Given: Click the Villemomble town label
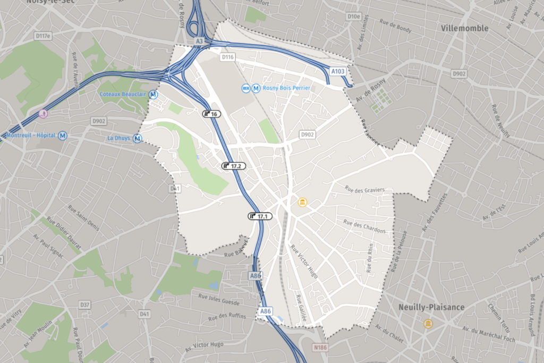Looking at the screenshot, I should click(465, 28).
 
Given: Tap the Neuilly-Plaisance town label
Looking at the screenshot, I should click(431, 307).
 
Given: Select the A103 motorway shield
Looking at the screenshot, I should click(338, 71).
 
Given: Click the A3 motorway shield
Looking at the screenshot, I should click(199, 41).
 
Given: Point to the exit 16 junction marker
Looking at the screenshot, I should click(211, 114).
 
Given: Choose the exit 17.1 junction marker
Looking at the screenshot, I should click(260, 216).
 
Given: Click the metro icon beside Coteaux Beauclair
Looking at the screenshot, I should click(154, 94).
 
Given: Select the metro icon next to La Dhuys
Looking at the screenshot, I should click(138, 139).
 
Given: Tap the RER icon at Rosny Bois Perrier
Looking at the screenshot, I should click(246, 88).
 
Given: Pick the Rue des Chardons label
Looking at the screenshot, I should click(364, 226).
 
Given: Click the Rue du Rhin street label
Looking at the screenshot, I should click(370, 258).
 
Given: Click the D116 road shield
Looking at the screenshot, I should click(227, 57).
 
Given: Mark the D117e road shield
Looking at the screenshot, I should click(42, 36).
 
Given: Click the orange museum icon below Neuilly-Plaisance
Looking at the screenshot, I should click(428, 324).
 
